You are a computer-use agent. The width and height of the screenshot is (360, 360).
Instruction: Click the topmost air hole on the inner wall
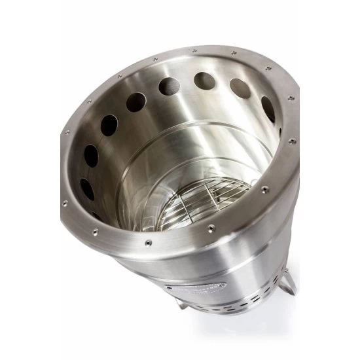205,81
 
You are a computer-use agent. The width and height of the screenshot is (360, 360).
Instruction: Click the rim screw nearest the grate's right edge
264,190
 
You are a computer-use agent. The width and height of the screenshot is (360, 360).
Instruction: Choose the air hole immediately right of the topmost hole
240,88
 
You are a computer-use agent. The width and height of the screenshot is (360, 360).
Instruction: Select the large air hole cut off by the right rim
268,108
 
